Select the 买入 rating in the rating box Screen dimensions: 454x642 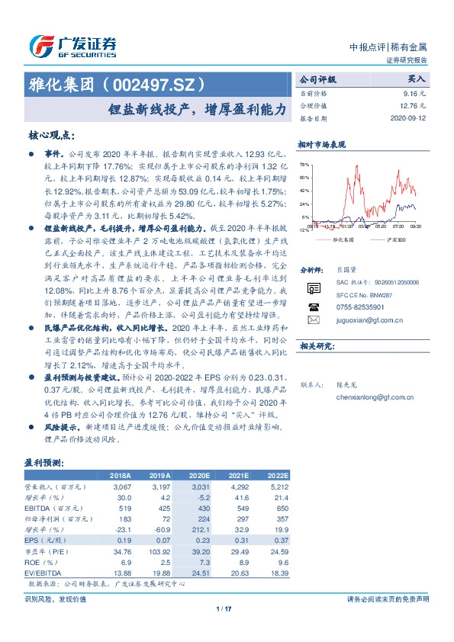coord(418,79)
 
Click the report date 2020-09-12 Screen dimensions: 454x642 coord(410,120)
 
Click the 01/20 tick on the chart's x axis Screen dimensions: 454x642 coord(347,226)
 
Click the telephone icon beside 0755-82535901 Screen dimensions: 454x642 coord(313,306)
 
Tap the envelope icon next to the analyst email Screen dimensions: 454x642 coord(313,320)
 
